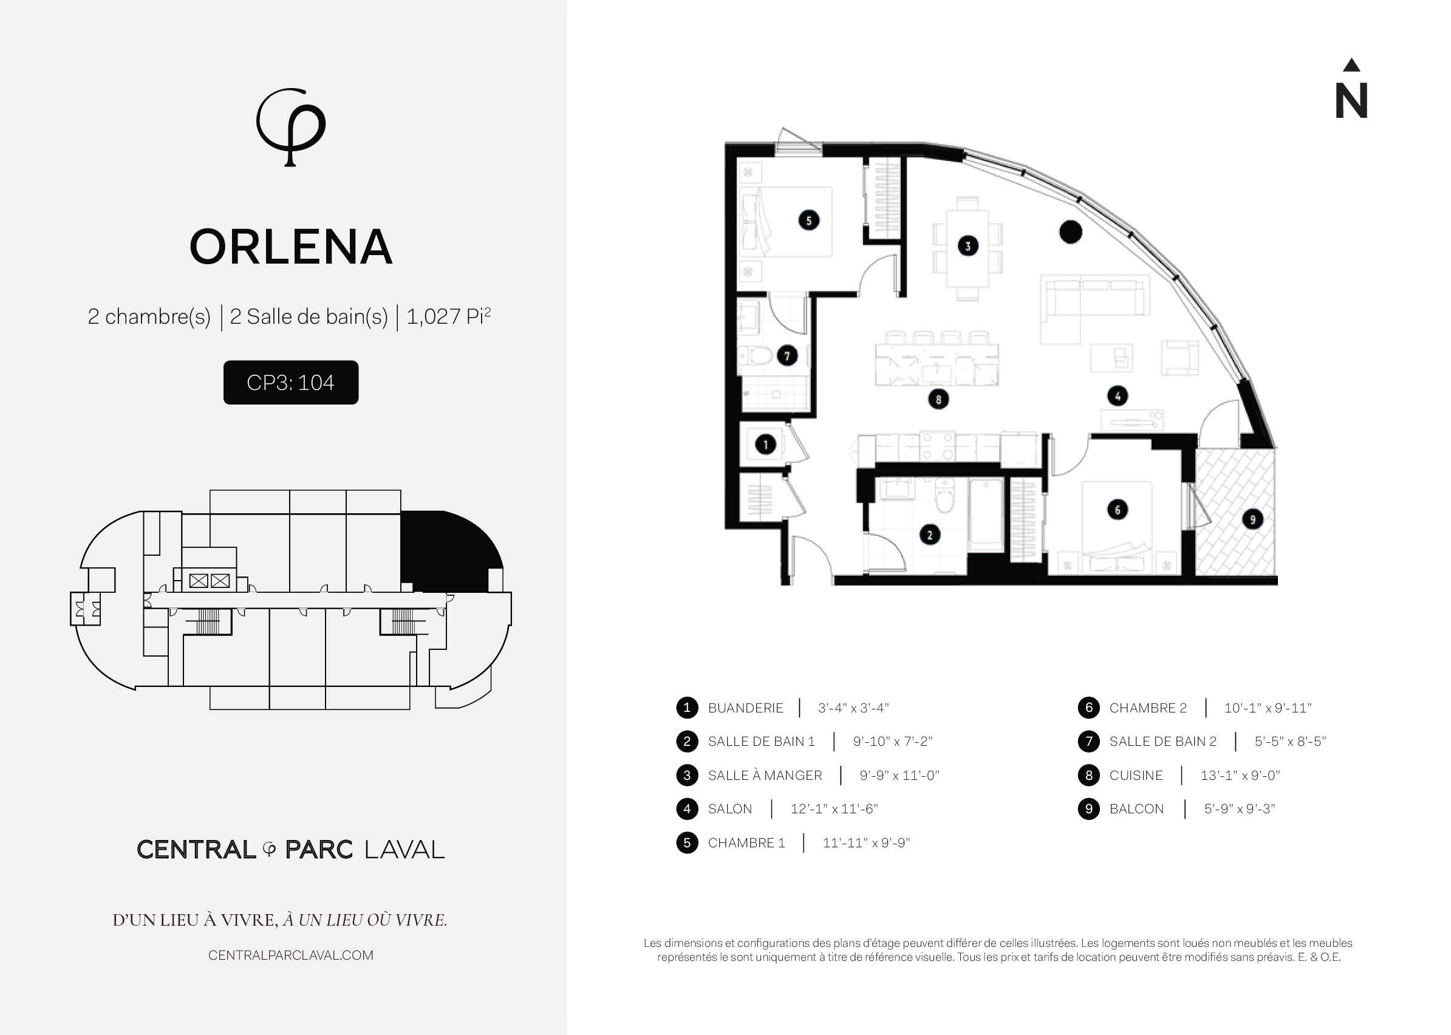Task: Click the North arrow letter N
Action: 1351,101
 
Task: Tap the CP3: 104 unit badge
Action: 290,383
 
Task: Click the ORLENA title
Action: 291,247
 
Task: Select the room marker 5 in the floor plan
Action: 808,220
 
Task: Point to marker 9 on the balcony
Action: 1252,519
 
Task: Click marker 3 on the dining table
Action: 968,246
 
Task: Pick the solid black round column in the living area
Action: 1071,232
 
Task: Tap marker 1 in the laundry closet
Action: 765,444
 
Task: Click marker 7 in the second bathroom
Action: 787,355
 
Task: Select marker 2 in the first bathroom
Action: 930,535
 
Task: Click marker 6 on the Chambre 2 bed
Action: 1117,509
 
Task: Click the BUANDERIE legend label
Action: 746,708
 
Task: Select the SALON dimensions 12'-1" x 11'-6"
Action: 834,809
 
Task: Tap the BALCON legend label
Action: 1136,809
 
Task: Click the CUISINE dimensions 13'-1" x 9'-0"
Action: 1240,776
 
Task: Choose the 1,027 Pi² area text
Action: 449,316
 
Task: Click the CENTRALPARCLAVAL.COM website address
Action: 290,955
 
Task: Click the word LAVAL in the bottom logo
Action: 404,850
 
